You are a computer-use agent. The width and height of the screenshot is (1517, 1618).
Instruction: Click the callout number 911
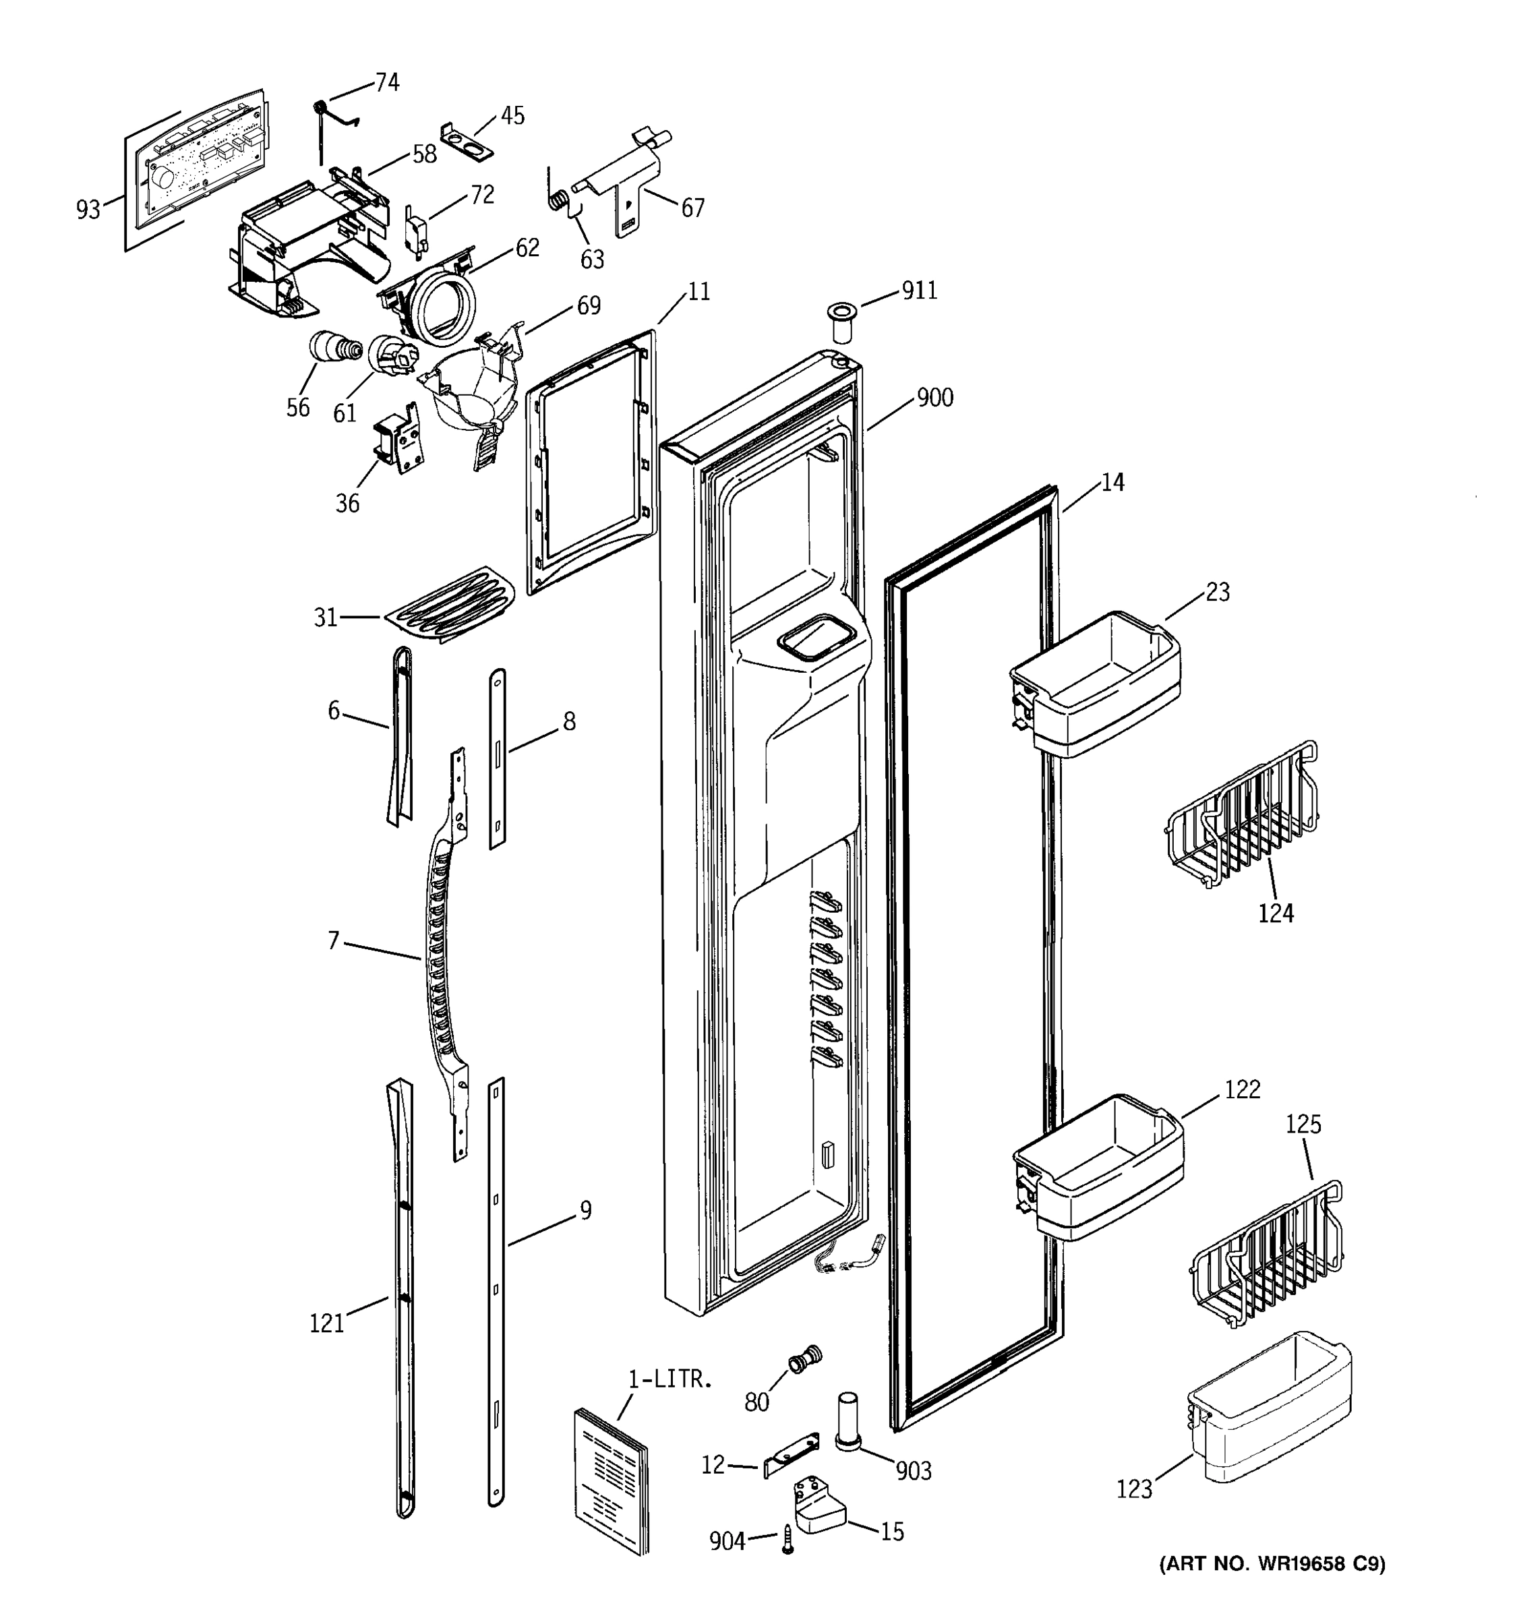[x=919, y=291]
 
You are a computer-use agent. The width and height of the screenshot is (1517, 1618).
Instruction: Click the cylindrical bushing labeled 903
[x=847, y=1421]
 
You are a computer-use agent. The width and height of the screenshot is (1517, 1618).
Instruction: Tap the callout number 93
[x=88, y=210]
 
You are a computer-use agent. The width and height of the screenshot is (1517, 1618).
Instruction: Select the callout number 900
[x=934, y=398]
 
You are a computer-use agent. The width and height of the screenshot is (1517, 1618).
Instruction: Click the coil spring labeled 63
[x=559, y=200]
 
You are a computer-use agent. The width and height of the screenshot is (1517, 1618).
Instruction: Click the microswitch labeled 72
[x=416, y=229]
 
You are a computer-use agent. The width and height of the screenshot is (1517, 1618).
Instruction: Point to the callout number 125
[x=1304, y=1124]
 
